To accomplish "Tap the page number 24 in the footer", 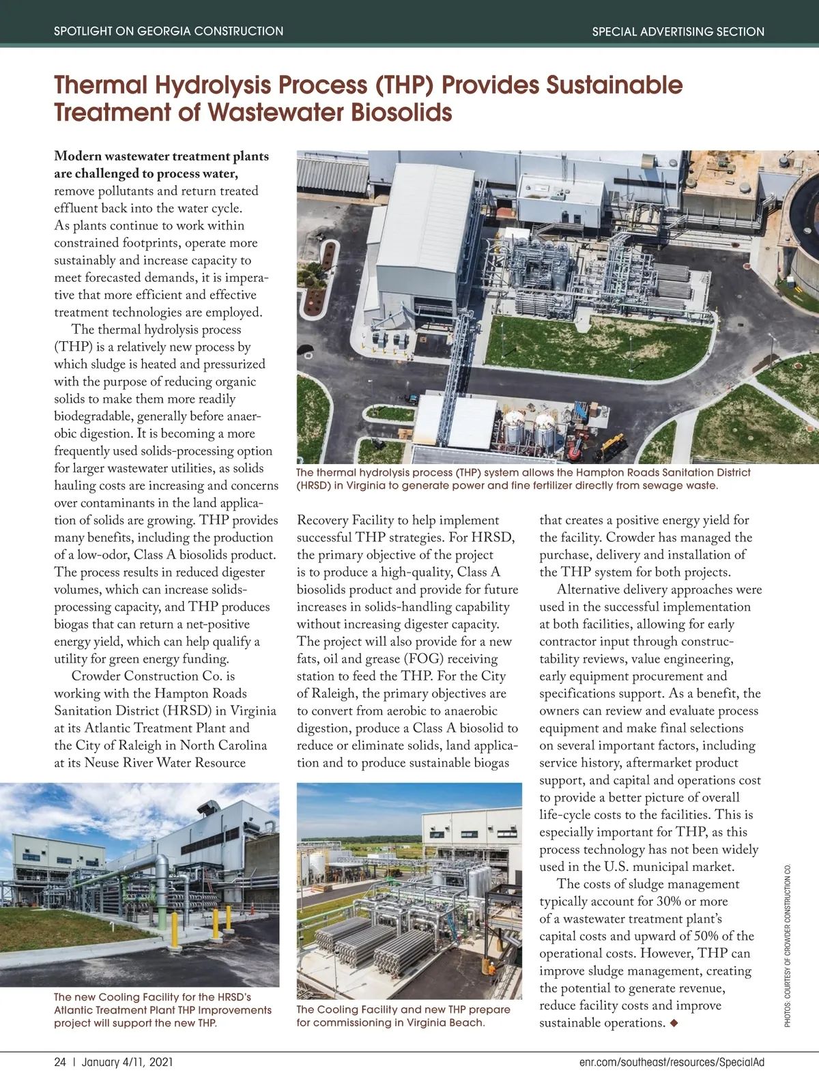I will pyautogui.click(x=60, y=1062).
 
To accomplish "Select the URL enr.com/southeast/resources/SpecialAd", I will pyautogui.click(x=672, y=1062).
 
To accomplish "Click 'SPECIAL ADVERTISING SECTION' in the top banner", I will pyautogui.click(x=678, y=31).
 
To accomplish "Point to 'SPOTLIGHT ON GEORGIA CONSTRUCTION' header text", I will pyautogui.click(x=169, y=31).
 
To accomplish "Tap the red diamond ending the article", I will pyautogui.click(x=675, y=1022).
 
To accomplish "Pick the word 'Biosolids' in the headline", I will pyautogui.click(x=401, y=113).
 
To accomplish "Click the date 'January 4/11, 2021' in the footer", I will pyautogui.click(x=127, y=1062).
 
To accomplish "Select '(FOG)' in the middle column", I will pyautogui.click(x=425, y=659).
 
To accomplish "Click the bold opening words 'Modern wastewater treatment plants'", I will pyautogui.click(x=162, y=156).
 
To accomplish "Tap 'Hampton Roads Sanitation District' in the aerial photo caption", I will pyautogui.click(x=663, y=472).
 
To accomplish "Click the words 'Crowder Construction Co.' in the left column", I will pyautogui.click(x=153, y=676).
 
